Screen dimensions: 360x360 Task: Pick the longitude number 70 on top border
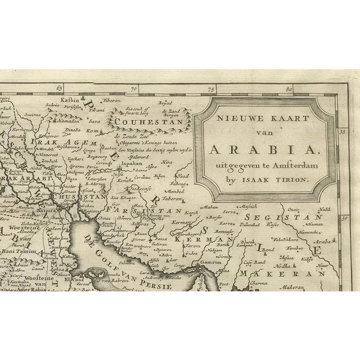[x=134, y=89]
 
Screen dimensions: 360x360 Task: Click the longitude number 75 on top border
[x=211, y=89]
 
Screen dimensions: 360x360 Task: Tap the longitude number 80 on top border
[x=289, y=89]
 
